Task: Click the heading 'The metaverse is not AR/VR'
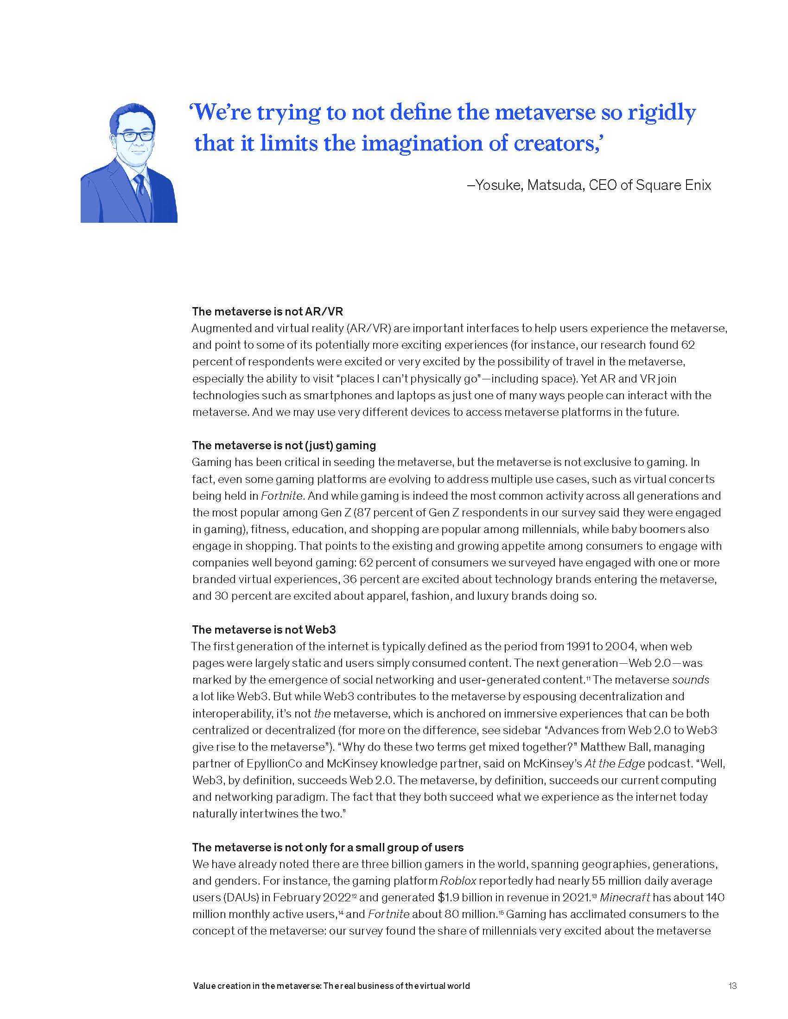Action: (267, 311)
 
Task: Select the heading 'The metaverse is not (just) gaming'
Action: (284, 445)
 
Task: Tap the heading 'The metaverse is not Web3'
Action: (264, 629)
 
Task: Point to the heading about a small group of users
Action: (328, 847)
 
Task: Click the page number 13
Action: (732, 986)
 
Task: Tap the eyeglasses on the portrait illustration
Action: (132, 136)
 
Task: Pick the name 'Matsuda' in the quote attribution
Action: (555, 185)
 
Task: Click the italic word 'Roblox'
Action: (458, 881)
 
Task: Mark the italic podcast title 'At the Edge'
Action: (614, 764)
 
